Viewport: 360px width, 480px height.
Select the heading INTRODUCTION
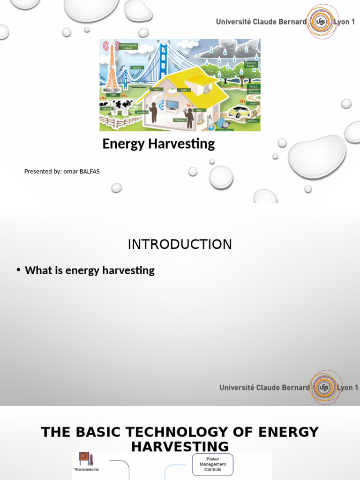[180, 244]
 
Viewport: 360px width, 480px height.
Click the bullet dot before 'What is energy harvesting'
[18, 270]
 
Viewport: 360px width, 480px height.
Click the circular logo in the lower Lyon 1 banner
[323, 387]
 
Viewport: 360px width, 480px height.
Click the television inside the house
[172, 104]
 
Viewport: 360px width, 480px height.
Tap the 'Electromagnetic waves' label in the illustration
[127, 46]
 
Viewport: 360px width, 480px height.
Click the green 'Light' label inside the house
[184, 90]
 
